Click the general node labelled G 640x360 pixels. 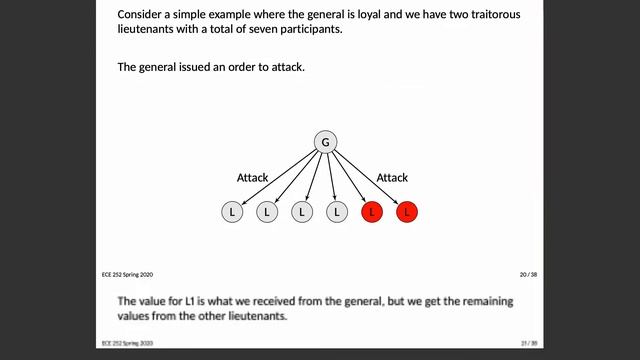click(x=324, y=143)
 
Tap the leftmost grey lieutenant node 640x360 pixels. click(x=231, y=212)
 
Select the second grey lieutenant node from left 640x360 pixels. click(x=266, y=212)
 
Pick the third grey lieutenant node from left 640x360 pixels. click(x=301, y=212)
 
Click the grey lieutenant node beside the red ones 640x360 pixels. click(x=336, y=212)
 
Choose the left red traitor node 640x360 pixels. click(x=371, y=212)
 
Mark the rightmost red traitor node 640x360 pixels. click(x=406, y=212)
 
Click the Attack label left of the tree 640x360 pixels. click(x=252, y=178)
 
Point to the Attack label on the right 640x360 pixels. click(x=392, y=178)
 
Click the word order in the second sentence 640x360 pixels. click(x=241, y=67)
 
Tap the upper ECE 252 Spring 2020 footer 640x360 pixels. click(x=127, y=274)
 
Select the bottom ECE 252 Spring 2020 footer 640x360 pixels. click(x=127, y=341)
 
